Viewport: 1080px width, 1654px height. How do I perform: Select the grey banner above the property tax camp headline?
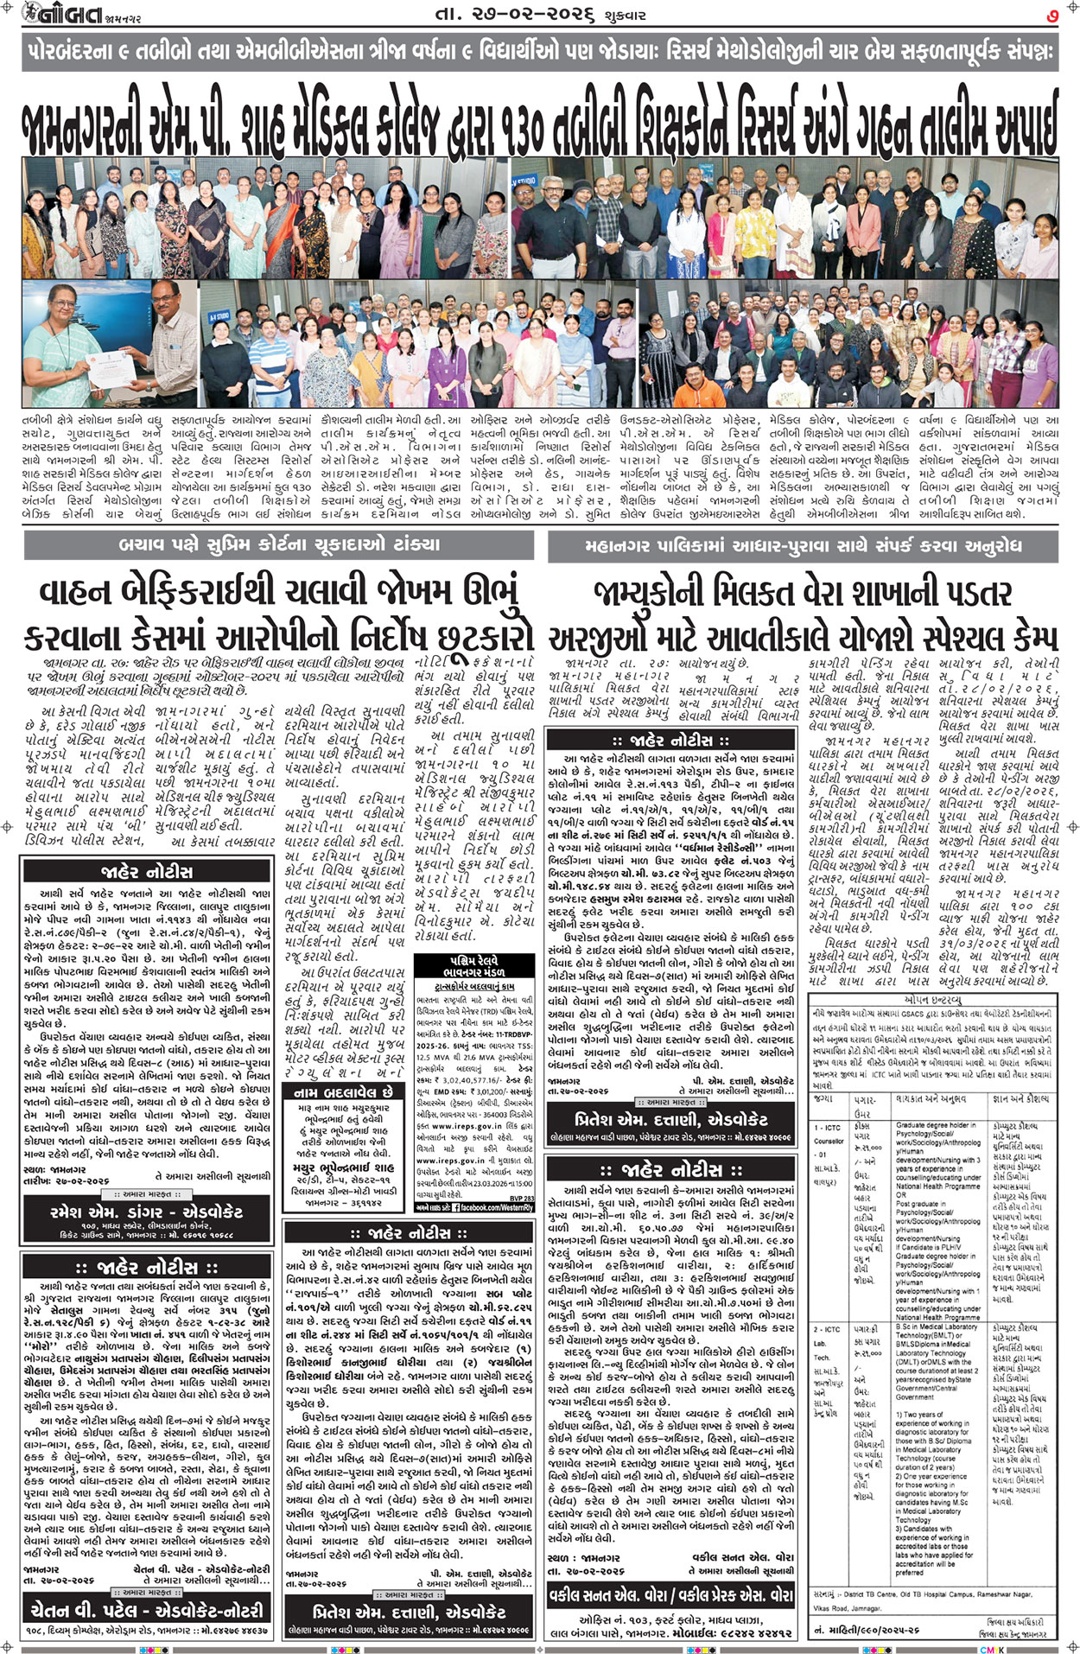pyautogui.click(x=803, y=546)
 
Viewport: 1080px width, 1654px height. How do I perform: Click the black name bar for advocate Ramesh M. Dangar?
pyautogui.click(x=146, y=1212)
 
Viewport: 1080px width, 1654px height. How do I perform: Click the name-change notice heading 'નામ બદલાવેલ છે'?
pyautogui.click(x=343, y=1092)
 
